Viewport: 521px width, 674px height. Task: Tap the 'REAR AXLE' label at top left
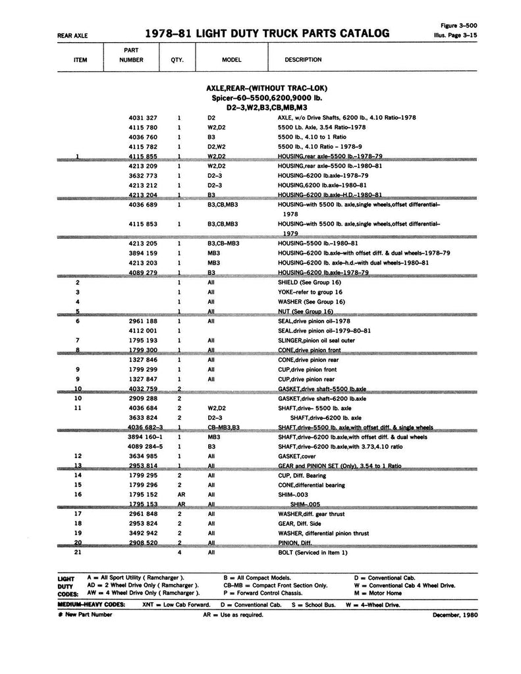(x=72, y=36)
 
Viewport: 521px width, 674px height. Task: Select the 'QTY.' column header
(x=177, y=59)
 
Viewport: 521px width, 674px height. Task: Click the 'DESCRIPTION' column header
(x=303, y=59)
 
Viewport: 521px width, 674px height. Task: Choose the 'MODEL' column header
(x=232, y=59)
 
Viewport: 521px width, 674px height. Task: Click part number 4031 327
(x=143, y=118)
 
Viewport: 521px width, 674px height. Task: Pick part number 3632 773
(x=143, y=176)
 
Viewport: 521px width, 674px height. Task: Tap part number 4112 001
(x=143, y=330)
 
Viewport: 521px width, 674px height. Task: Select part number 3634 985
(x=143, y=455)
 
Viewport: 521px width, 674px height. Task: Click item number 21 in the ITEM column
(x=78, y=553)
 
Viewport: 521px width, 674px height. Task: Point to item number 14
(x=78, y=475)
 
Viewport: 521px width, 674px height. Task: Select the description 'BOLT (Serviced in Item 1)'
(x=312, y=553)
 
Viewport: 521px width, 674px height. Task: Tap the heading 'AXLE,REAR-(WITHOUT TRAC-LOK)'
(x=266, y=88)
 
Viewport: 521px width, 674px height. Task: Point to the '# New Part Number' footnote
(x=85, y=615)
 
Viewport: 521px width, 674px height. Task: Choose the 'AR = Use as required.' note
(x=233, y=615)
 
